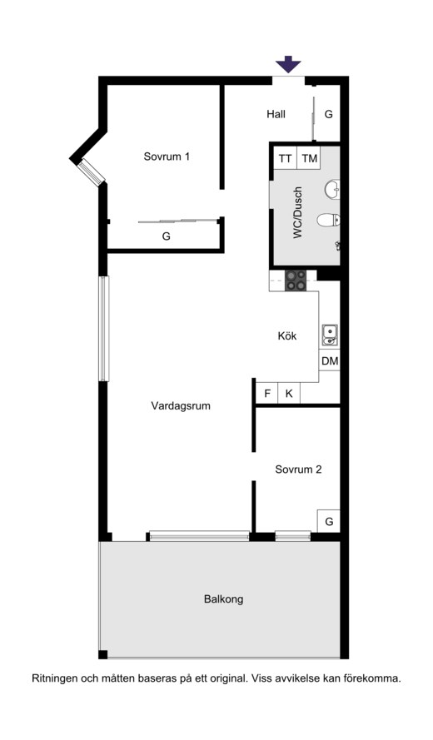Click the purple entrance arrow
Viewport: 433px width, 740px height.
(x=288, y=64)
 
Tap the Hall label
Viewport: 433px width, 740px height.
(x=276, y=114)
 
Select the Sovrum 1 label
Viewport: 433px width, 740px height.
(x=167, y=156)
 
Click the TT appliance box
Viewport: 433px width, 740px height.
(x=285, y=158)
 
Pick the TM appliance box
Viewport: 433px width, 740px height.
(x=309, y=158)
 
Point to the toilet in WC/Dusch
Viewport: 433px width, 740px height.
(x=328, y=220)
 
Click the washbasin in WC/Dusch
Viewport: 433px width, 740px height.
(x=332, y=189)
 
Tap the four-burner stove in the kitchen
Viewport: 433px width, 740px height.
(x=296, y=281)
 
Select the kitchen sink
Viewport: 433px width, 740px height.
(x=330, y=335)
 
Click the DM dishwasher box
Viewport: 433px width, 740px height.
(x=330, y=361)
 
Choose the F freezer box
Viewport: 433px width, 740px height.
(x=267, y=393)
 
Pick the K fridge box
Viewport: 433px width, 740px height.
(x=289, y=393)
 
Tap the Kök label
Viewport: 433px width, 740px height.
(x=287, y=336)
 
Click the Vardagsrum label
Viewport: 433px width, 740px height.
(x=181, y=406)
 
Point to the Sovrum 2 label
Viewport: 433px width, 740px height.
(x=298, y=469)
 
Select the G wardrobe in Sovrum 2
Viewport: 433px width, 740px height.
(x=329, y=521)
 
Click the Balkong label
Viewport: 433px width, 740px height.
(x=224, y=599)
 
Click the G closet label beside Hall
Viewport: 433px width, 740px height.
(x=329, y=114)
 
